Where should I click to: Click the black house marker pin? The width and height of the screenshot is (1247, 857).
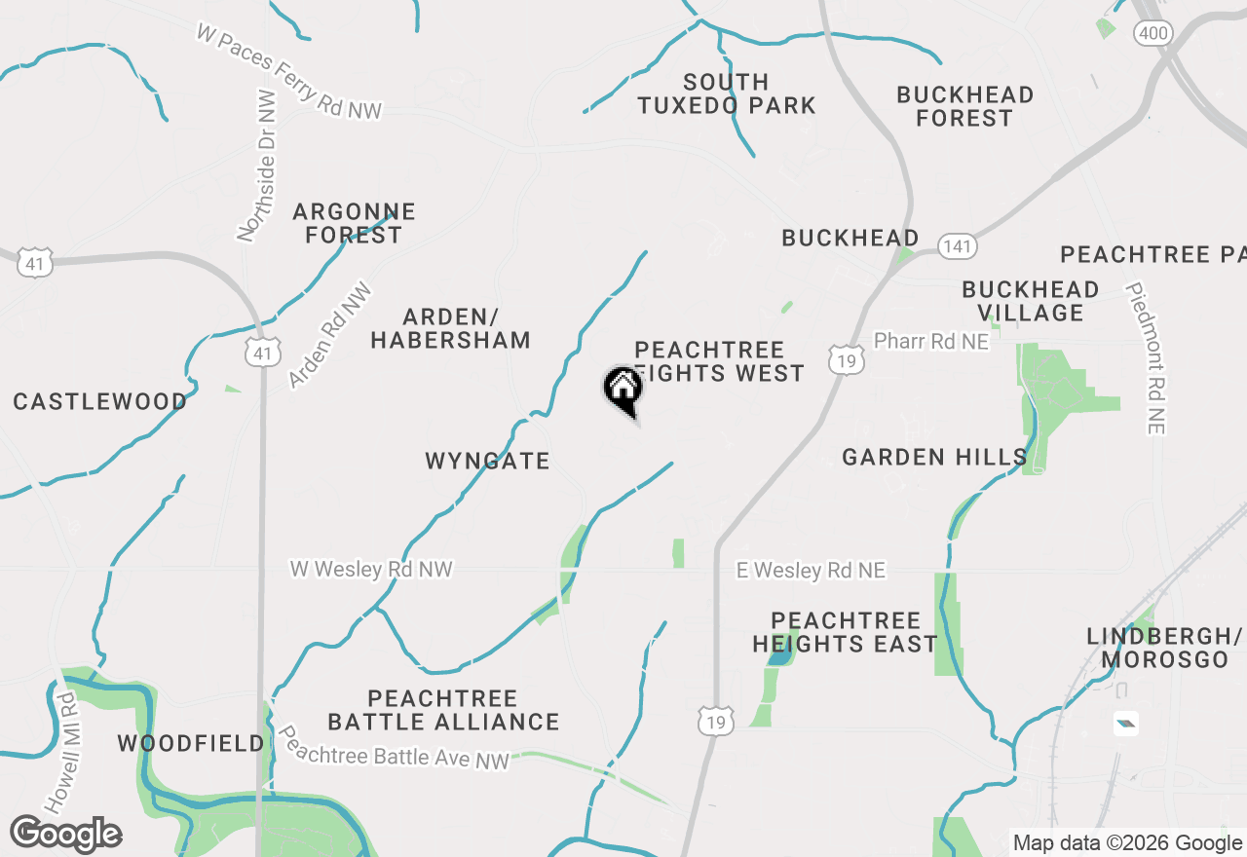point(623,390)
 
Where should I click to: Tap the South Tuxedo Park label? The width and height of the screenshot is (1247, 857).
point(727,94)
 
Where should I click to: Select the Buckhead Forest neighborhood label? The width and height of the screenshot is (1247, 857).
point(964,106)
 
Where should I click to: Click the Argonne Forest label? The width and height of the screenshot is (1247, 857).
point(354,223)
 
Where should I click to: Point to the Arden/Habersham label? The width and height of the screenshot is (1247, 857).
point(450,328)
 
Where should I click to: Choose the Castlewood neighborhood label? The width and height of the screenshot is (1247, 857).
point(100,401)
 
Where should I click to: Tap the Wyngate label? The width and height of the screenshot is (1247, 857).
point(487,461)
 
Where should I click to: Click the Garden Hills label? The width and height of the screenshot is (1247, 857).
point(934,457)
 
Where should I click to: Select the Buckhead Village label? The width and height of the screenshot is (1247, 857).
point(1031,301)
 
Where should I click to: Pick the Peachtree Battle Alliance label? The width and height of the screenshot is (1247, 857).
point(443,710)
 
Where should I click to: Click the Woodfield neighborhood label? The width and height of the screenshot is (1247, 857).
point(191,744)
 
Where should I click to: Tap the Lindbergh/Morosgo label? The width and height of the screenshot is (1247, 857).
point(1165,648)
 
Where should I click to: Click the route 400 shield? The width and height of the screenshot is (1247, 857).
point(1153,34)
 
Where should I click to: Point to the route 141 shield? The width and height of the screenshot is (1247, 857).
point(958,246)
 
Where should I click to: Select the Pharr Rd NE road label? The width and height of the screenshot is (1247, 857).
point(930,341)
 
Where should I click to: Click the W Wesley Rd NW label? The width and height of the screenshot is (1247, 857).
point(371,569)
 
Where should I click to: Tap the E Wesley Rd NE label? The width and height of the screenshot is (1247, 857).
point(811,570)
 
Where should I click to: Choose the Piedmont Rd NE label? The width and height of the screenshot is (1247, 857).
point(1148,357)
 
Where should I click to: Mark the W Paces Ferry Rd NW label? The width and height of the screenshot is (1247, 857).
point(288,72)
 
